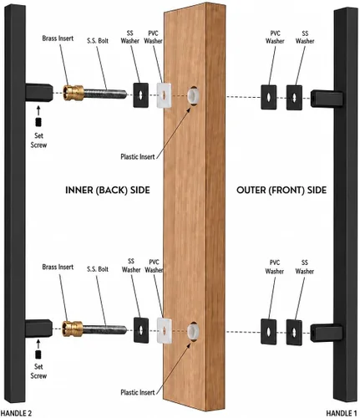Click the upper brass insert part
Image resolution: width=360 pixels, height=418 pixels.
(x=74, y=93)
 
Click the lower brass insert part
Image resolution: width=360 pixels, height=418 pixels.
(x=73, y=329)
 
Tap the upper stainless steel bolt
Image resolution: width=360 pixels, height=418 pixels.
(x=105, y=94)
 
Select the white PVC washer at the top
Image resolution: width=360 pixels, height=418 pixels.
(x=164, y=95)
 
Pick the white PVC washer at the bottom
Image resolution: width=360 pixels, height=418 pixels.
(x=165, y=330)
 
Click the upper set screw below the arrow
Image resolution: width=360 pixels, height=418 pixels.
(x=38, y=122)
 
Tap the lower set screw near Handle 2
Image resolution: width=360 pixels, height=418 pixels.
(x=38, y=354)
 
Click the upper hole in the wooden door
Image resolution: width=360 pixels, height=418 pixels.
(x=193, y=95)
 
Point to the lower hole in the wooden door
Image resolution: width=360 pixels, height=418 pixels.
(x=193, y=331)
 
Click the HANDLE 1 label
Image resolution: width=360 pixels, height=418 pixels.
(x=342, y=413)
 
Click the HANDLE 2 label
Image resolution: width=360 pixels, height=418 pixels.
(x=16, y=413)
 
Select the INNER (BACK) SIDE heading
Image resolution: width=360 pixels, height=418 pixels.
(x=108, y=190)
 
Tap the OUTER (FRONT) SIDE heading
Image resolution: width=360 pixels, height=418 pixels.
(x=281, y=190)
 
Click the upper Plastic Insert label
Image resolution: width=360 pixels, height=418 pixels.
(x=138, y=156)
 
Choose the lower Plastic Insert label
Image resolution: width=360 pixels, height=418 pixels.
(x=138, y=392)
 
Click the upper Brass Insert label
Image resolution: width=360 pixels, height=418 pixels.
(x=58, y=38)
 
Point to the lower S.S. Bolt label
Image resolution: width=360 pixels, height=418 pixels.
(x=98, y=269)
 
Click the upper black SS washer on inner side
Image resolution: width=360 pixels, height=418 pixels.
(x=140, y=95)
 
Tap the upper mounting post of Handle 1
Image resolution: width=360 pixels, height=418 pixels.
(x=327, y=99)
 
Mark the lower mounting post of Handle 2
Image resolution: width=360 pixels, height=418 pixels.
(x=38, y=328)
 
